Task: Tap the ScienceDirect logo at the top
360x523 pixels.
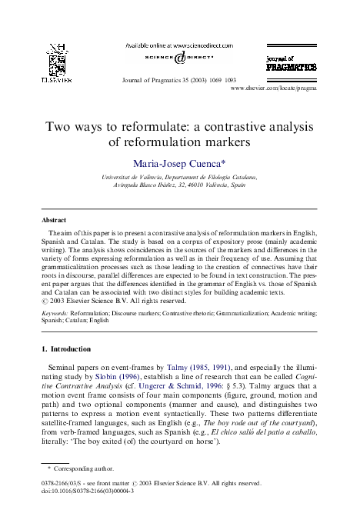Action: coord(179,58)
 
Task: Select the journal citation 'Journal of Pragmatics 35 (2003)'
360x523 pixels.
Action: coord(166,80)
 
